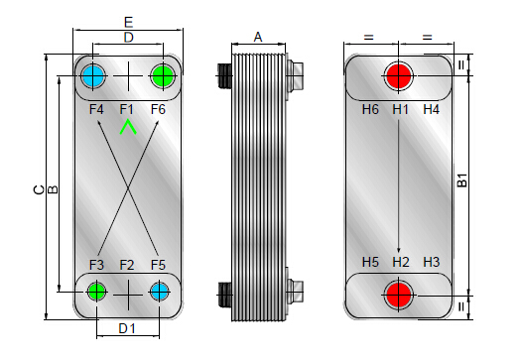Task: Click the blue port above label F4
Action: [93, 76]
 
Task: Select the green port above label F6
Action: [163, 76]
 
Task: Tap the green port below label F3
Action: [96, 292]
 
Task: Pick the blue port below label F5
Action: [159, 292]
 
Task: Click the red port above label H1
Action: [398, 76]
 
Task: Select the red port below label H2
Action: [398, 295]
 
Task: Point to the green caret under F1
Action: [128, 128]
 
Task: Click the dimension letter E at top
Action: [129, 23]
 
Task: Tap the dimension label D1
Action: [127, 329]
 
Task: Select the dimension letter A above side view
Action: [258, 37]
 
